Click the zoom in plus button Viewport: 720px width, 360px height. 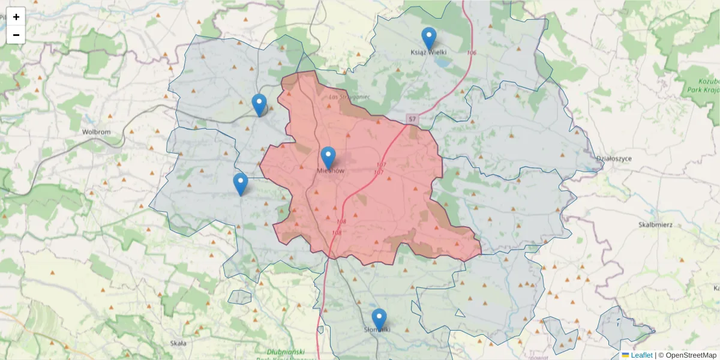tap(16, 17)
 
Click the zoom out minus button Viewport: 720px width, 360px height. tap(16, 35)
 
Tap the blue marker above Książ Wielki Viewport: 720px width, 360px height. tap(428, 38)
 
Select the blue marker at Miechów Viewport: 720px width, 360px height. tap(328, 157)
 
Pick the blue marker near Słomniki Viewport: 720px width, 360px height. tap(379, 319)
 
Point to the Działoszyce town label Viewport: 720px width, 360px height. tap(614, 158)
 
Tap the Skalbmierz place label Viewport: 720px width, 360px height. tap(655, 224)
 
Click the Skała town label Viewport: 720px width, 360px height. tap(178, 343)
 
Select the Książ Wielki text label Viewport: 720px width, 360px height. tap(428, 52)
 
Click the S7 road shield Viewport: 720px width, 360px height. tap(412, 119)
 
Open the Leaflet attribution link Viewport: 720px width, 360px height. tap(641, 355)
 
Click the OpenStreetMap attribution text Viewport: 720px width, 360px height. tap(691, 355)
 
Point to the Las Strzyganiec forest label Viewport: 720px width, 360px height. tap(349, 96)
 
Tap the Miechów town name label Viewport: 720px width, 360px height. tap(330, 171)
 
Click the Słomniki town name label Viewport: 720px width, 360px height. tap(377, 329)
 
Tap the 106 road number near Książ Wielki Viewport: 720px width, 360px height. tap(471, 53)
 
